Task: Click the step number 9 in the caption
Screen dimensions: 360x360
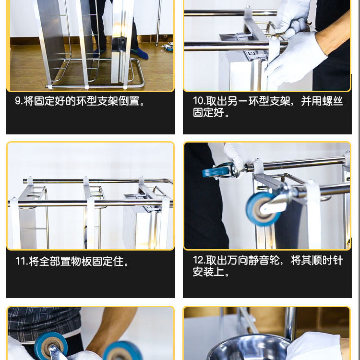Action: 17,101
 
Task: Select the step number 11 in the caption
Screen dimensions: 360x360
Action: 21,261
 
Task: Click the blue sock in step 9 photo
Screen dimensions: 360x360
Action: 140,54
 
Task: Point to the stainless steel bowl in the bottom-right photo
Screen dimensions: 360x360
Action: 250,347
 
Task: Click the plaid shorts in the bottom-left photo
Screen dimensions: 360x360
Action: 44,323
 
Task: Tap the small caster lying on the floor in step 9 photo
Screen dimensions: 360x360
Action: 168,47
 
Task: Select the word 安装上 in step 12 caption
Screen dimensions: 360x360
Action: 208,272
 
